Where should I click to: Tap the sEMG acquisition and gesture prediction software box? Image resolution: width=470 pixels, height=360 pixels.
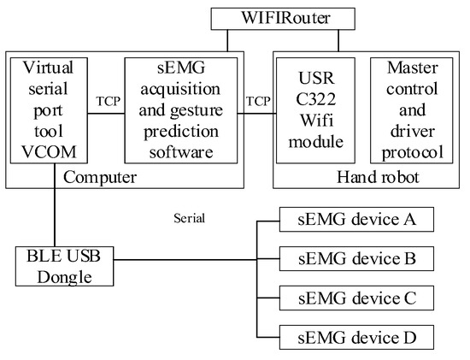pyautogui.click(x=179, y=109)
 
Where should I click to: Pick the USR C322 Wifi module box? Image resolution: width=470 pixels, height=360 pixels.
pyautogui.click(x=315, y=109)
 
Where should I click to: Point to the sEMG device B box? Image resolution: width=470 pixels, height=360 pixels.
pyautogui.click(x=358, y=257)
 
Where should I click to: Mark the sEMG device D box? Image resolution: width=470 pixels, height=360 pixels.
pyautogui.click(x=358, y=338)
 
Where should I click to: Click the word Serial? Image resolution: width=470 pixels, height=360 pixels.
pyautogui.click(x=190, y=218)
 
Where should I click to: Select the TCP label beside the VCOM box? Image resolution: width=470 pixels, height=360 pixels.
pyautogui.click(x=107, y=99)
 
